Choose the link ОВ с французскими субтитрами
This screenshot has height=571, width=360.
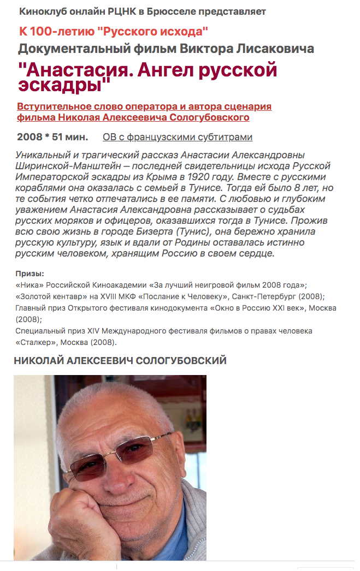tap(177, 137)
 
